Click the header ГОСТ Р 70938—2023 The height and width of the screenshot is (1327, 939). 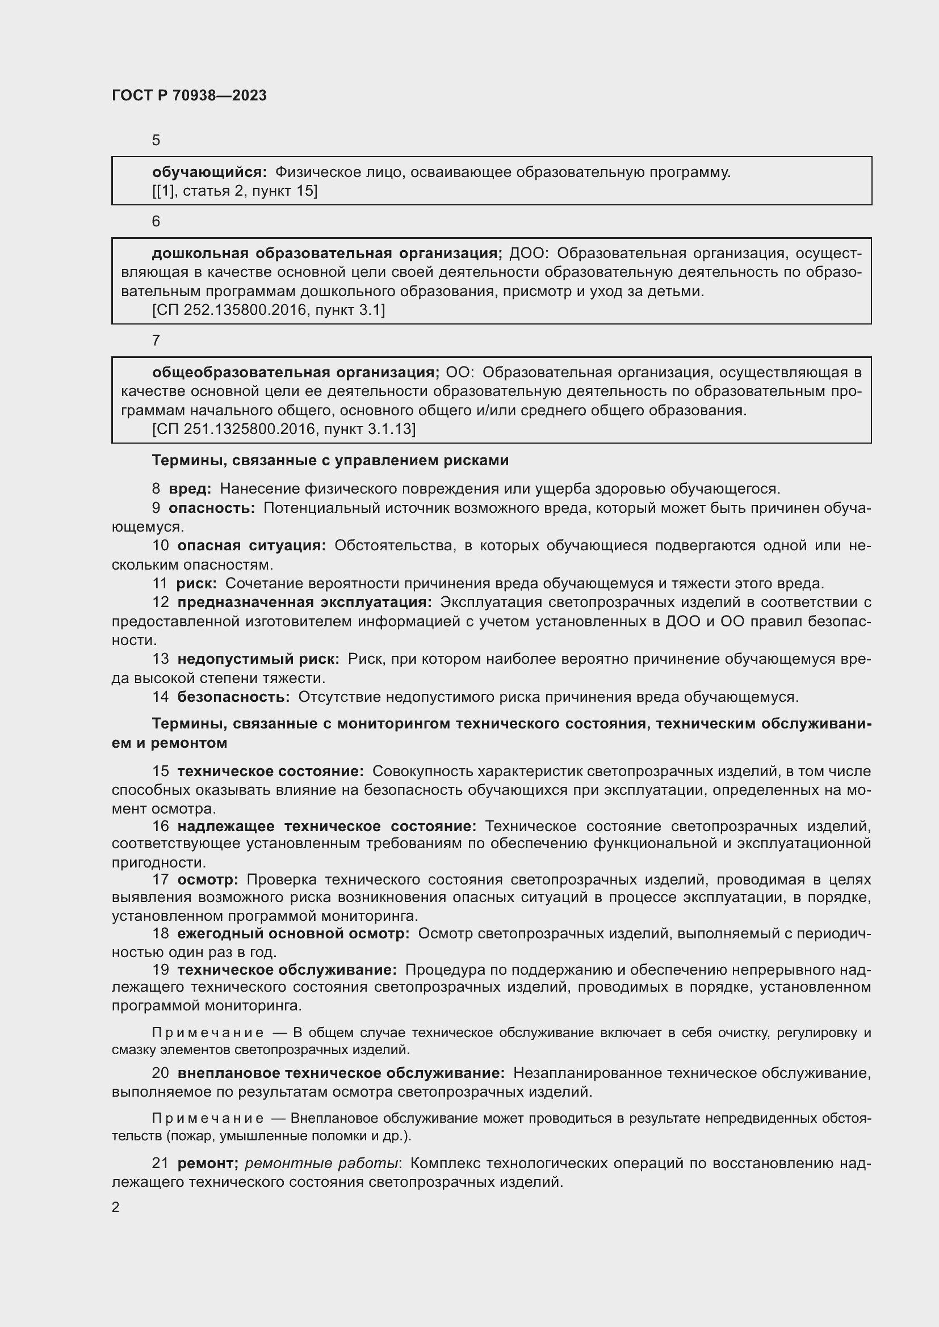coord(189,95)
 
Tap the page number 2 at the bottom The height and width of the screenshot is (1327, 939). coord(116,1207)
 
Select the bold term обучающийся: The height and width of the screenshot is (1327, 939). coord(209,172)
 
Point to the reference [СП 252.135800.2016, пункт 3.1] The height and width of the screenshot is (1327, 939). coord(269,310)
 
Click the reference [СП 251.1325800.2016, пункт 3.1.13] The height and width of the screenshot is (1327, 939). coord(283,429)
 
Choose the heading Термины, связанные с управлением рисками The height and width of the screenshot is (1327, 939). coord(330,461)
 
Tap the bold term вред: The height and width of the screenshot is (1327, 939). coord(190,489)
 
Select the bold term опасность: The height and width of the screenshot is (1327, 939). coord(211,508)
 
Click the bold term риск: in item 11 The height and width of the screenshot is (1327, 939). coord(196,583)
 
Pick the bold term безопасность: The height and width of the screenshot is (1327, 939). coord(233,697)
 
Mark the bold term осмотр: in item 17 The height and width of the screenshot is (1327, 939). coord(208,880)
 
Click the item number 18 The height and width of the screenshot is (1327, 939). coord(161,933)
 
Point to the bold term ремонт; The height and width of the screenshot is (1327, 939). coord(208,1163)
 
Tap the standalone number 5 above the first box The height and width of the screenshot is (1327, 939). coord(156,141)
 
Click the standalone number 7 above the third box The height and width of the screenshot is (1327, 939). coord(156,340)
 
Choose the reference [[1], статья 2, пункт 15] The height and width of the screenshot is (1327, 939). coord(235,191)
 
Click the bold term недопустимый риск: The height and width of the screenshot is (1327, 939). coord(258,659)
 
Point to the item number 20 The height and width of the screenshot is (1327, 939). coord(161,1073)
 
